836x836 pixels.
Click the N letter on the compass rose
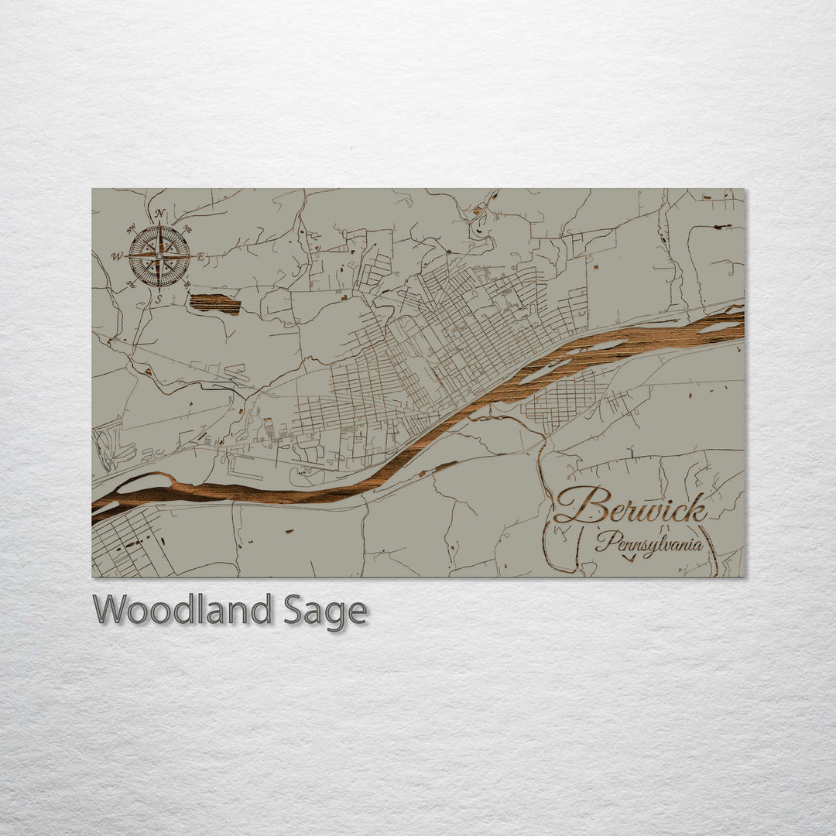[x=159, y=214]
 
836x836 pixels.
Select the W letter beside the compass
[x=117, y=256]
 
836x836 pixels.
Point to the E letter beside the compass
[x=200, y=256]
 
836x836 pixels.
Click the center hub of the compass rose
[x=159, y=255]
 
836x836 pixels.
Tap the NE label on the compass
[x=187, y=229]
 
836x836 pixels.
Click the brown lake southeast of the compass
[x=214, y=304]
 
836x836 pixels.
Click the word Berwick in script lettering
[x=630, y=508]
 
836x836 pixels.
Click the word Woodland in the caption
[x=182, y=610]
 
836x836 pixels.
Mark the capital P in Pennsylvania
[x=605, y=540]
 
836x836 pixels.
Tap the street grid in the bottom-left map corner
[x=124, y=543]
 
